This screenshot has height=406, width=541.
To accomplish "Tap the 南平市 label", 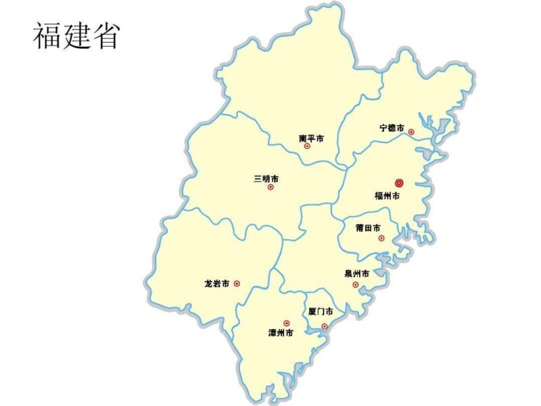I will click(311, 138).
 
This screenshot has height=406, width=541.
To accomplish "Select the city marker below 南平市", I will click(307, 145).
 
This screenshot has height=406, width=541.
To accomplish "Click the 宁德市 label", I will click(392, 127).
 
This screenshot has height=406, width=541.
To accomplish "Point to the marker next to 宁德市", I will click(411, 132).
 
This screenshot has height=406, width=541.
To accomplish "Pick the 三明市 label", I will click(266, 179).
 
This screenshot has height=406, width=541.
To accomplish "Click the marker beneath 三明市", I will click(270, 187).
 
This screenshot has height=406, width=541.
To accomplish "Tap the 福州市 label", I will click(387, 196).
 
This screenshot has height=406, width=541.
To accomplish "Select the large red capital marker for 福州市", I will click(399, 183).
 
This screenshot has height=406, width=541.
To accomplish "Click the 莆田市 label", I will click(368, 228).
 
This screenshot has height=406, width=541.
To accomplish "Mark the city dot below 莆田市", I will click(381, 238).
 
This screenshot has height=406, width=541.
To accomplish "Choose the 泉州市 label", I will click(356, 274).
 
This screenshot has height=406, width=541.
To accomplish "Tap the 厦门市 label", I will click(320, 312).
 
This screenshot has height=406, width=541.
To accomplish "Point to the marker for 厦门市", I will click(324, 326).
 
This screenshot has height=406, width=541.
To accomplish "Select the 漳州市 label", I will click(281, 333).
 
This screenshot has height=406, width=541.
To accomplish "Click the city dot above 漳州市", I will click(286, 323).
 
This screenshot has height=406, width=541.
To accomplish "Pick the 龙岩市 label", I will click(216, 284).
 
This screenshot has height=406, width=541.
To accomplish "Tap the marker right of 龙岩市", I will click(237, 284).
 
